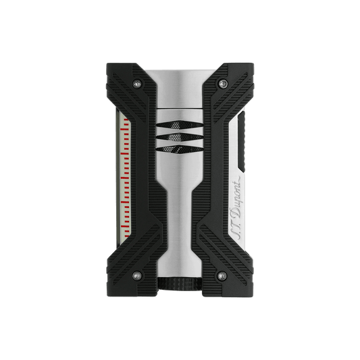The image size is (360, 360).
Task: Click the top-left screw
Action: pos(137,84)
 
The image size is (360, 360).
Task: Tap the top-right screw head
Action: pos(222,84)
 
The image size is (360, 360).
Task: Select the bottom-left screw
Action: pos(137,276)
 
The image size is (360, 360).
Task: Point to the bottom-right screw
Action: pos(222,276)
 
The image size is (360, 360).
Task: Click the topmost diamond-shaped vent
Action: pos(180,125)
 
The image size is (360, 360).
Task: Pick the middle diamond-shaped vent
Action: pos(180,137)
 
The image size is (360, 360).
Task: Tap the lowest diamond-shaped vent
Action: pos(180,149)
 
